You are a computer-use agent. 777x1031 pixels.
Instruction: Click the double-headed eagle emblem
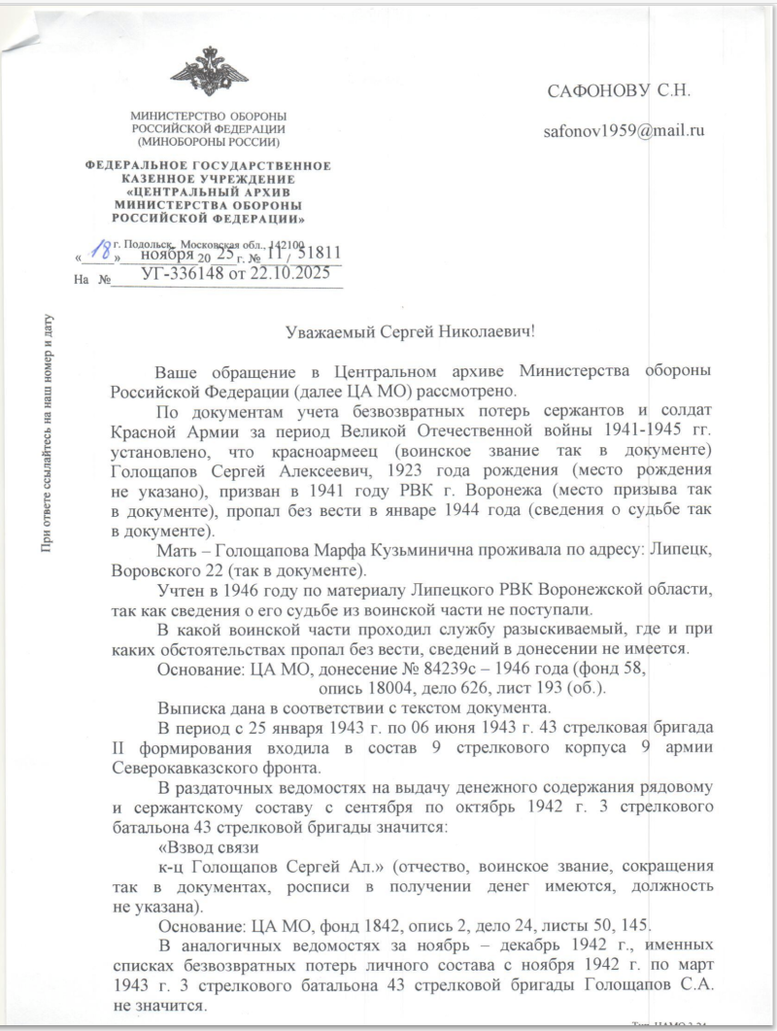(208, 71)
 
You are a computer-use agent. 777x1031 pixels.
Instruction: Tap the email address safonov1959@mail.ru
(624, 129)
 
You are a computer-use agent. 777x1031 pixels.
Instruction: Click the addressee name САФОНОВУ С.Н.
(618, 91)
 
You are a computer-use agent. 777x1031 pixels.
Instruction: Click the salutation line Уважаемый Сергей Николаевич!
(411, 331)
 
